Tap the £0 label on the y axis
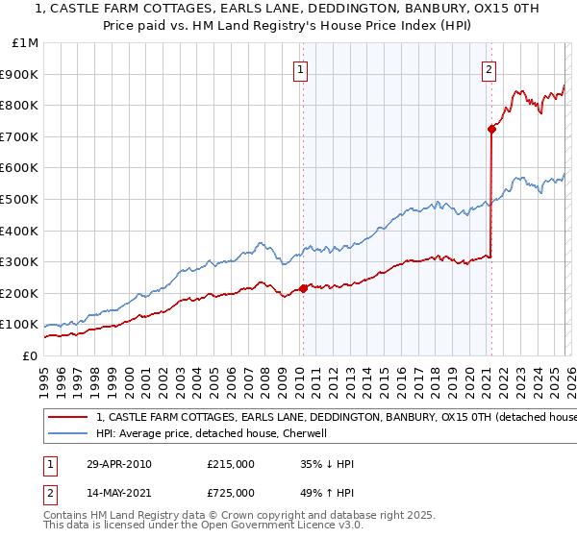point(29,355)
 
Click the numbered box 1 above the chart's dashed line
point(301,69)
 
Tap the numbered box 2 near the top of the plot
point(489,69)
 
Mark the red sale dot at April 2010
point(304,288)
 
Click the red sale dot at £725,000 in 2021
point(491,129)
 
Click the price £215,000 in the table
point(231,464)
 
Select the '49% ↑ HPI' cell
point(328,495)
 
